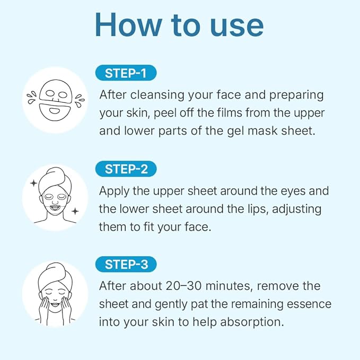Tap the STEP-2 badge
[126, 169]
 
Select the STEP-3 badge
[126, 264]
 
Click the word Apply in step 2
[115, 191]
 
